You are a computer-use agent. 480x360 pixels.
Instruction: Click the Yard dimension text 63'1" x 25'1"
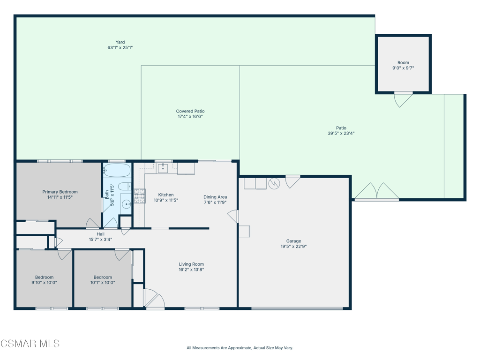tap(120, 48)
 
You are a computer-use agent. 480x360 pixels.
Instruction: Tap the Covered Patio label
tap(190, 111)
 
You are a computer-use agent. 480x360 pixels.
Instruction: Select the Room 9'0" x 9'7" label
tap(403, 65)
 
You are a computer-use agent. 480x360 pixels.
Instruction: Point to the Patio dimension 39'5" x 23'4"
tap(341, 134)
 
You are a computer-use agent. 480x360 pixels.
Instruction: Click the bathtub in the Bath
tap(117, 170)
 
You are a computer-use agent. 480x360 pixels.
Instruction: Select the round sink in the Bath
tap(126, 203)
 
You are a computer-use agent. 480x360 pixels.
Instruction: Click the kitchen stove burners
tap(139, 196)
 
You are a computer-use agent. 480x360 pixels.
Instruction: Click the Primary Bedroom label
tap(60, 192)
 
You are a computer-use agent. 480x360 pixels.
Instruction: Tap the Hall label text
tap(100, 234)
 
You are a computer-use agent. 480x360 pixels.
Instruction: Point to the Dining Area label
tap(215, 197)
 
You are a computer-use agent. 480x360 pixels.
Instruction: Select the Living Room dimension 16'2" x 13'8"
tap(191, 270)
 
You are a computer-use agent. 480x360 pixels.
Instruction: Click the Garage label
tap(293, 241)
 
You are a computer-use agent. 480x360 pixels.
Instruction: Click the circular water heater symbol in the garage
tap(274, 184)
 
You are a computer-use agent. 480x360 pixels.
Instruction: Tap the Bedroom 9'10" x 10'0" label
tap(44, 280)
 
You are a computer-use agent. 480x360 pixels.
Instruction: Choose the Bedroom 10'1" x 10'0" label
tap(103, 280)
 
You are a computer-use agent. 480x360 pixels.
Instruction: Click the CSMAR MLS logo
tap(30, 343)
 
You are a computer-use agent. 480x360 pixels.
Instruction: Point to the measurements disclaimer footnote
tap(240, 348)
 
